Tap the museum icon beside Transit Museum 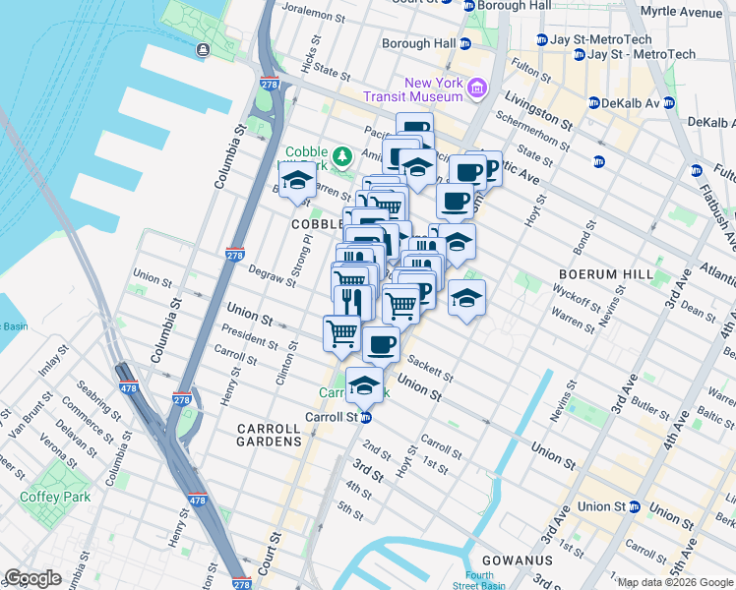point(477,89)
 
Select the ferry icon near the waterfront point(203,50)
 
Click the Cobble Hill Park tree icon point(341,155)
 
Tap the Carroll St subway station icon point(365,417)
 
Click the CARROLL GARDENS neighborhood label point(269,436)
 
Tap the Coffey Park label point(55,497)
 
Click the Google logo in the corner point(32,578)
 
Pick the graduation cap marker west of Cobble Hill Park point(296,180)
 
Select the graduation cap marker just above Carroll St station point(364,385)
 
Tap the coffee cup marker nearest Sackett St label point(381,344)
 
